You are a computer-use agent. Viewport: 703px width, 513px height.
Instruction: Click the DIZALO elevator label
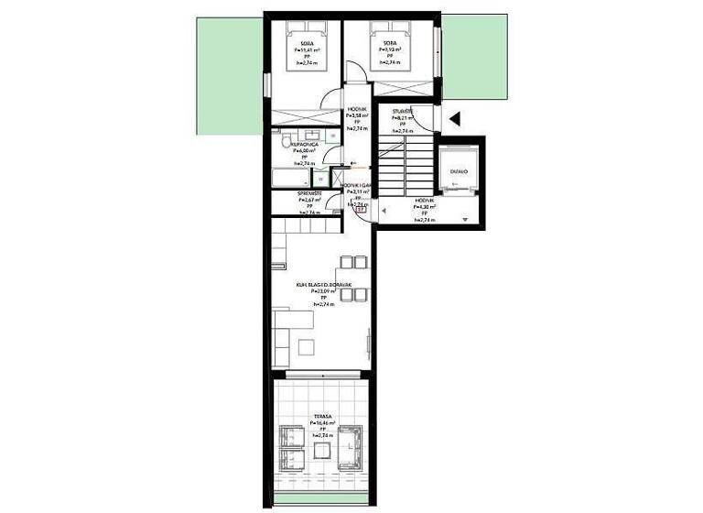[x=458, y=171]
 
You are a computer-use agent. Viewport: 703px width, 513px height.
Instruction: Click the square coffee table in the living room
[x=306, y=345]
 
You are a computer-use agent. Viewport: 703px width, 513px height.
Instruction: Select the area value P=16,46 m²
[x=322, y=423]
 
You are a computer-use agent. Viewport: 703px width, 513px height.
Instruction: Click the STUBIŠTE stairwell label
[x=403, y=110]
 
